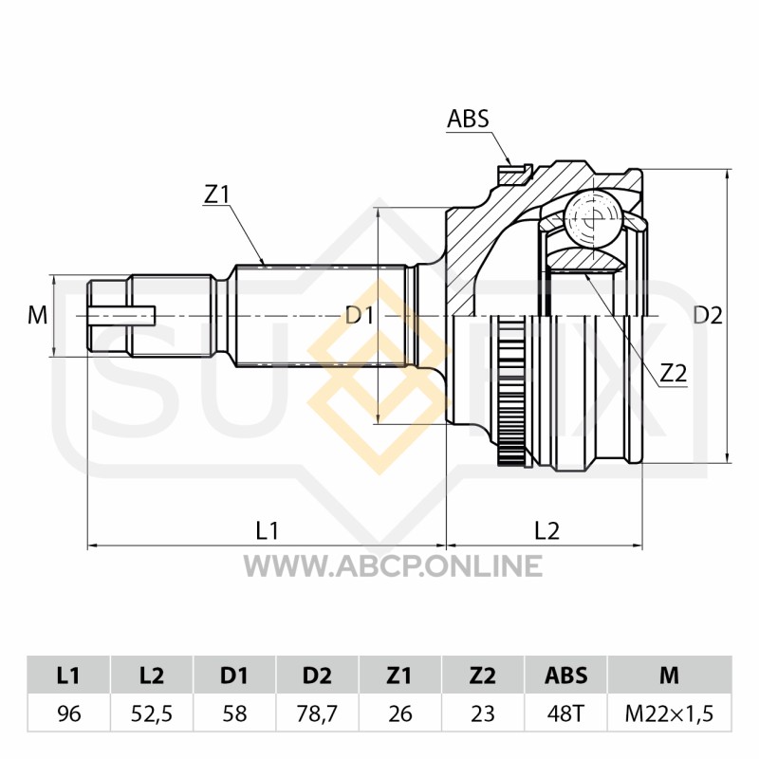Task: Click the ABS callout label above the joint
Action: coord(468,120)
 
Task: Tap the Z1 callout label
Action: coord(216,194)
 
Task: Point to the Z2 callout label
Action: coord(674,373)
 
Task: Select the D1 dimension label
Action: coord(360,316)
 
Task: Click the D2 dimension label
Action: coord(708,316)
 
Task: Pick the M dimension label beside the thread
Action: coord(37,316)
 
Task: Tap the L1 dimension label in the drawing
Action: coord(268,531)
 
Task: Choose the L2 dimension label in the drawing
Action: coord(546,531)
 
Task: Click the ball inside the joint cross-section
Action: coord(593,218)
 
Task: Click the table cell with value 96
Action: coord(68,713)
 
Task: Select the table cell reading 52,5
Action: coord(152,713)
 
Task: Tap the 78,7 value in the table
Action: coord(317,713)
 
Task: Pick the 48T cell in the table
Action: coord(565,713)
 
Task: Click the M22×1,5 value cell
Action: coord(670,713)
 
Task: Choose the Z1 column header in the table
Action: coord(399,676)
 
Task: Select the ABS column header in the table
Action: coord(565,676)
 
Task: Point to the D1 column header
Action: coord(234,676)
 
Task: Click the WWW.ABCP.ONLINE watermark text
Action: coord(393,565)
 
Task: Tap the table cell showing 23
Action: coord(483,713)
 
